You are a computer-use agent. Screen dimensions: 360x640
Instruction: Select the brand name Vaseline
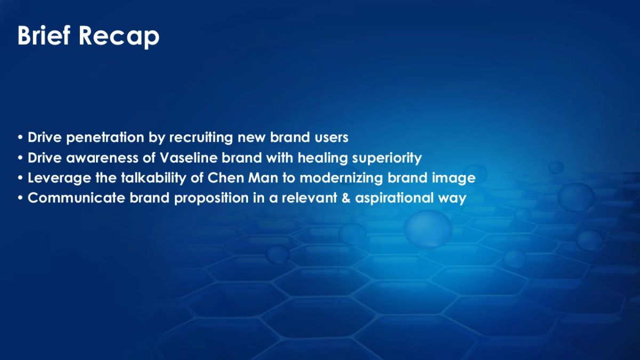(187, 158)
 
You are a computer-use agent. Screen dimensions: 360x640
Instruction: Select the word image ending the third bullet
(456, 179)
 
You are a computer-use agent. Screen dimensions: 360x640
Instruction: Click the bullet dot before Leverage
(21, 179)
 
